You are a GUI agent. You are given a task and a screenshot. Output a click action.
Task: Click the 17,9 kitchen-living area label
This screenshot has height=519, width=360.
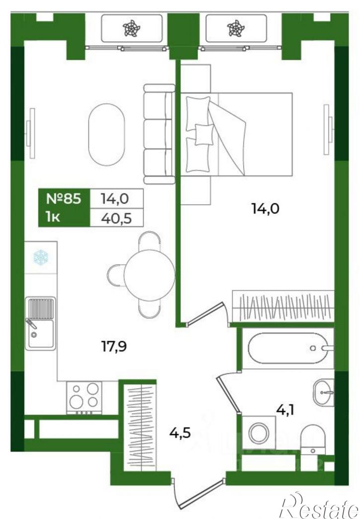point(114,346)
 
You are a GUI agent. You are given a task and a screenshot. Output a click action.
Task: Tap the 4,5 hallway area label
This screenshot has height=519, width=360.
point(180,433)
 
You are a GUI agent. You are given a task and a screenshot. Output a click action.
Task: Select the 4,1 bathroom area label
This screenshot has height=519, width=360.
point(285,410)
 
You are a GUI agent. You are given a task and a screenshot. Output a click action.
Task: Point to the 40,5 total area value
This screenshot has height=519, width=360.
point(116,218)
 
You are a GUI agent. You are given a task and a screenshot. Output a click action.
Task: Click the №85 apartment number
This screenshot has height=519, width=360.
point(64,199)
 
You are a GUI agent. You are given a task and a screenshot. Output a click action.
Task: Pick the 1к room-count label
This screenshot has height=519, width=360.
point(53,217)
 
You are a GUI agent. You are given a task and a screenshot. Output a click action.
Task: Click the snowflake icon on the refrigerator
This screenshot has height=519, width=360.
point(41,258)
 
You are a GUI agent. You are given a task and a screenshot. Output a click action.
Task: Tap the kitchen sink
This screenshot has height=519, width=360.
point(40,324)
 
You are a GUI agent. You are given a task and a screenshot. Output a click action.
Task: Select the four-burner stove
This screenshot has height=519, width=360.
point(84,397)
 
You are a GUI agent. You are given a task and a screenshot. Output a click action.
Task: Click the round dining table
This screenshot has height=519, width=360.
point(149,275)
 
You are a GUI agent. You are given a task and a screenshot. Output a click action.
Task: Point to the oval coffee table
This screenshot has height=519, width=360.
point(107,134)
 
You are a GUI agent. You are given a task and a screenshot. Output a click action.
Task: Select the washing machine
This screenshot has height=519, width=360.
point(259,433)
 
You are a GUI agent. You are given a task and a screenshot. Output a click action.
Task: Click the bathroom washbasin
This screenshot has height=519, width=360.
point(324,392)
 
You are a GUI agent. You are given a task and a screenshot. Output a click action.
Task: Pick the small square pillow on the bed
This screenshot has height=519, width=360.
point(204,134)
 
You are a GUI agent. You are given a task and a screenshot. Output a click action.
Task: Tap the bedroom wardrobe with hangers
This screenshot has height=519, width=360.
point(283,306)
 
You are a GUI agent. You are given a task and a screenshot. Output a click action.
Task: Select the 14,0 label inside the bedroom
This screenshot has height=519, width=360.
point(266,208)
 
